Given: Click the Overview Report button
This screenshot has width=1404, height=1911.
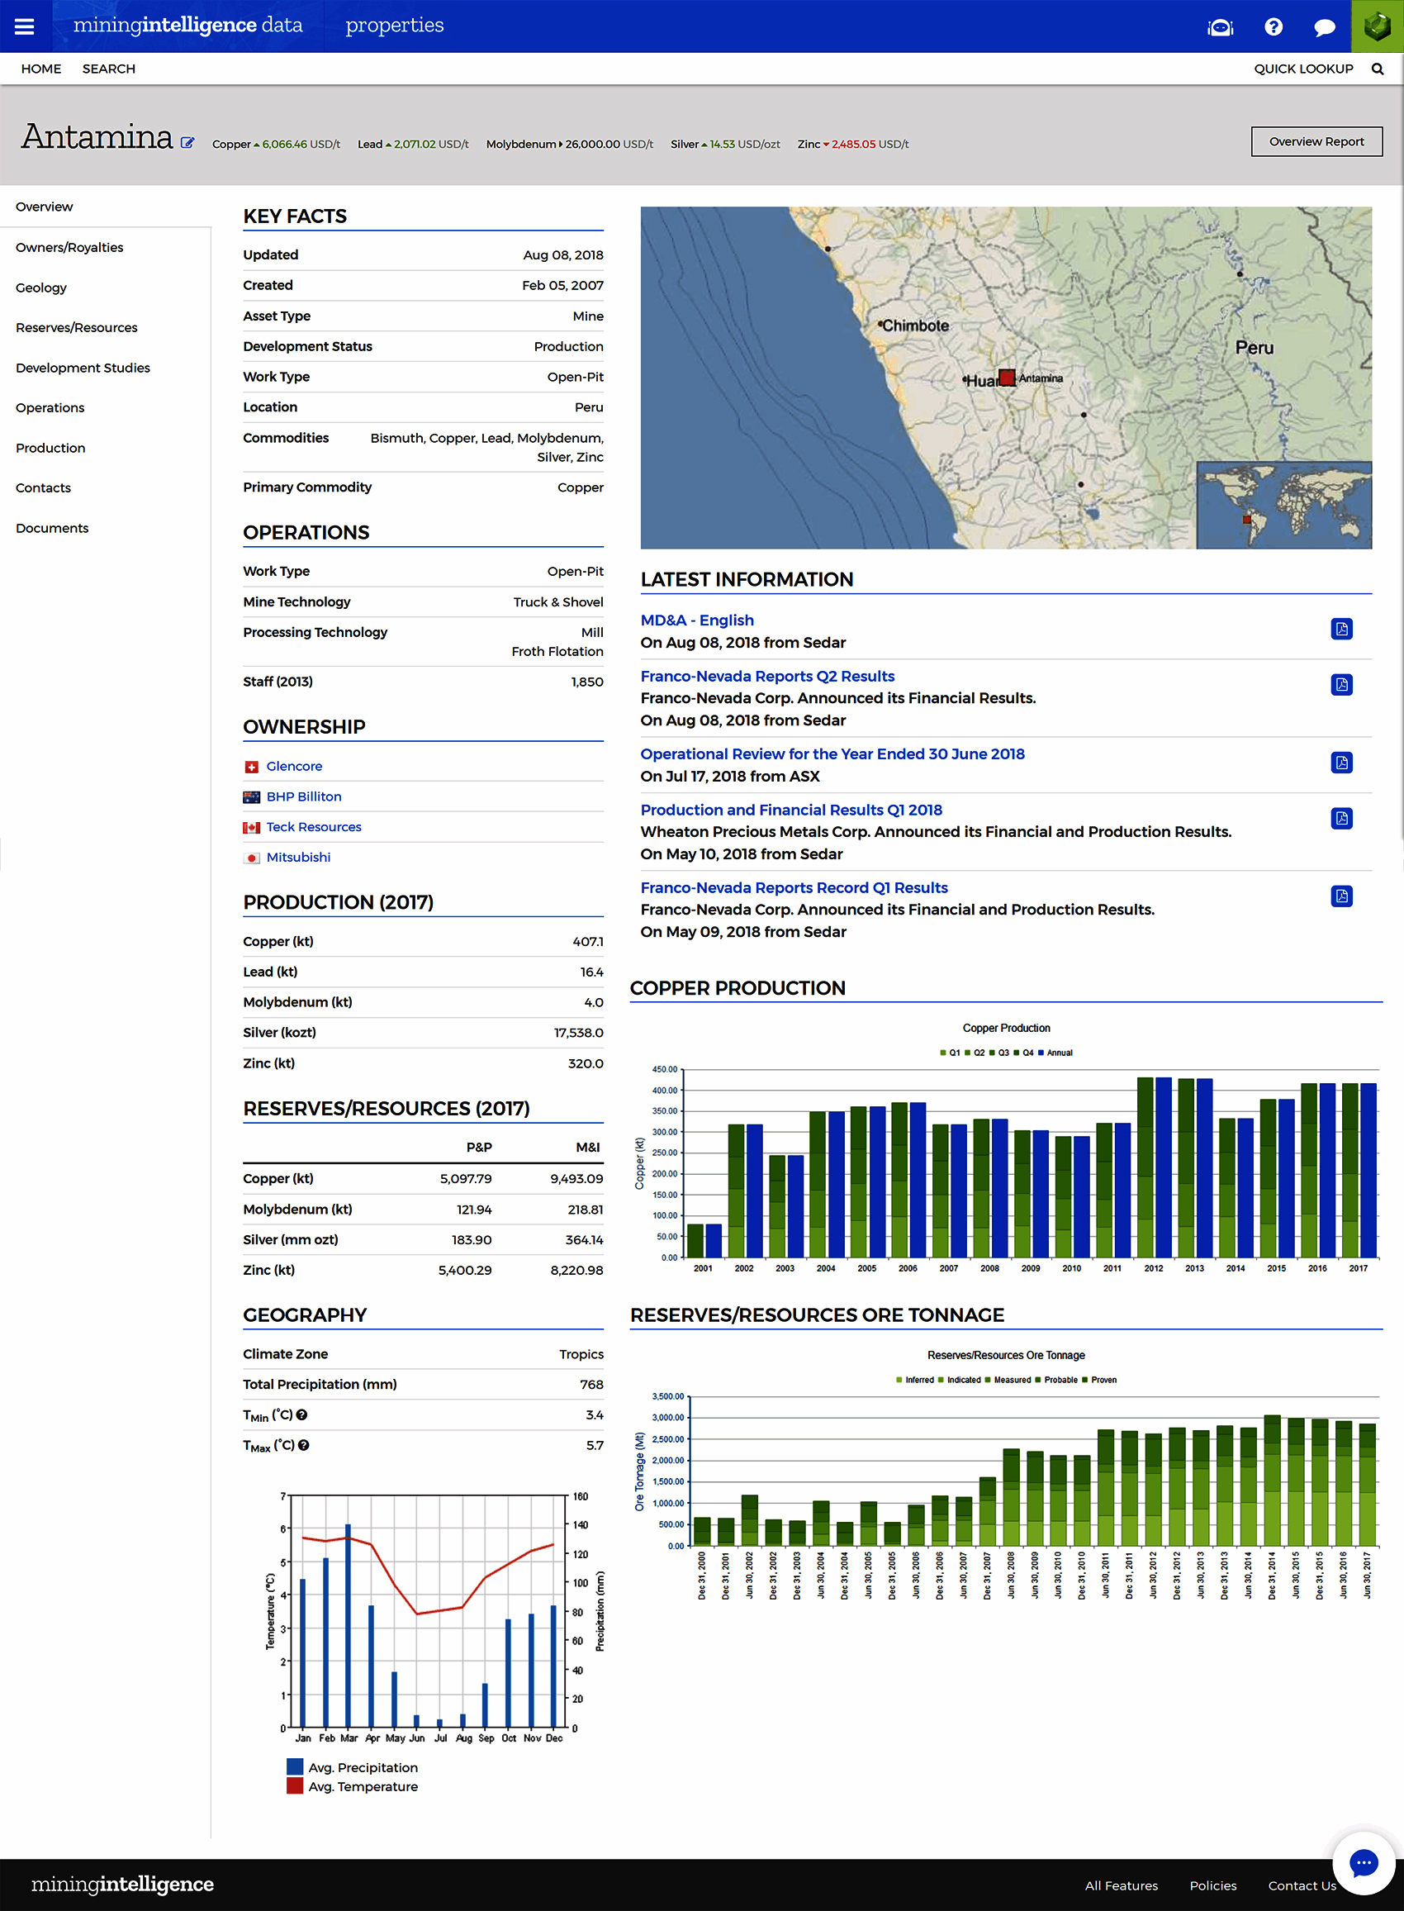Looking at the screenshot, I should (x=1316, y=142).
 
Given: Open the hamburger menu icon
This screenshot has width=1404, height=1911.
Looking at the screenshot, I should (x=25, y=26).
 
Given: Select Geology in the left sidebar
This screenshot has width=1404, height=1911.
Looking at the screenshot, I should (x=40, y=288).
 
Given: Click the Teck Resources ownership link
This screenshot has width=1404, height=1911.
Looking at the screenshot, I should (x=314, y=827).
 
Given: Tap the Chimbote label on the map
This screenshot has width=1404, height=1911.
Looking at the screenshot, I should (x=915, y=326).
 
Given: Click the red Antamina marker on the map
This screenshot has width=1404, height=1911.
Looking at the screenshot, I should (x=1007, y=378).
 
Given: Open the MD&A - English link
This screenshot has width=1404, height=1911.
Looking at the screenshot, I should (x=697, y=620).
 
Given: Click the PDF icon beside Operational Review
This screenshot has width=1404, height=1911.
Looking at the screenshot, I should (x=1341, y=763).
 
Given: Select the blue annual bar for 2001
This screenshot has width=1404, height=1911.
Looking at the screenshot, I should (x=714, y=1240).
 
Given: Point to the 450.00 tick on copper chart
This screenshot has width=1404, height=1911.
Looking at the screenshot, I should (x=665, y=1069).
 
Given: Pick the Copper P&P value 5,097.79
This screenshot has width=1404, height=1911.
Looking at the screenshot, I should (x=465, y=1179).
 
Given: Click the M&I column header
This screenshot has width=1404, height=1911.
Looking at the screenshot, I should (x=587, y=1148).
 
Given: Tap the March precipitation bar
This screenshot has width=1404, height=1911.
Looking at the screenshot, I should (x=348, y=1623).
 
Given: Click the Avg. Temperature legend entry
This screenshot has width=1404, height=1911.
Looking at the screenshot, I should (x=362, y=1787).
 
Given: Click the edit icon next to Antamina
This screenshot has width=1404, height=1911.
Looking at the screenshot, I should (x=187, y=143).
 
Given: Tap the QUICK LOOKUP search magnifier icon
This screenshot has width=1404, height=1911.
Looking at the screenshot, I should (x=1377, y=69).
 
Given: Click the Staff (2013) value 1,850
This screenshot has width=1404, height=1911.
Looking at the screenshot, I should (x=586, y=682).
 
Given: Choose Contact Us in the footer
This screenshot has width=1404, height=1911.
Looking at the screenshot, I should (x=1301, y=1885).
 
